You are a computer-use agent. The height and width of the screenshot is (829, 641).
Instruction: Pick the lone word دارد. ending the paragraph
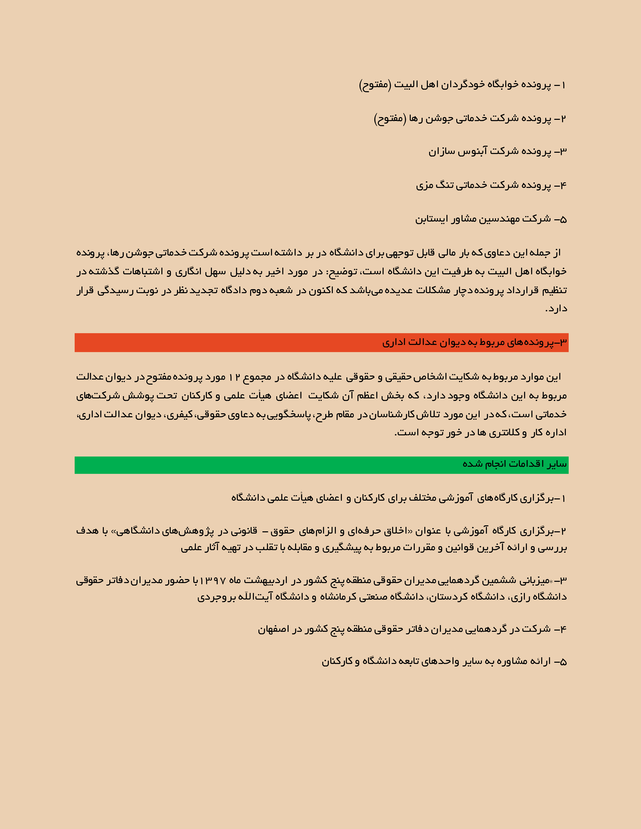point(556,308)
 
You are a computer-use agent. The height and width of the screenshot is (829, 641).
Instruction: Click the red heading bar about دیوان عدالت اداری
point(321,342)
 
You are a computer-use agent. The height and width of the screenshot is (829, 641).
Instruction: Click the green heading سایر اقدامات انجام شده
point(321,464)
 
